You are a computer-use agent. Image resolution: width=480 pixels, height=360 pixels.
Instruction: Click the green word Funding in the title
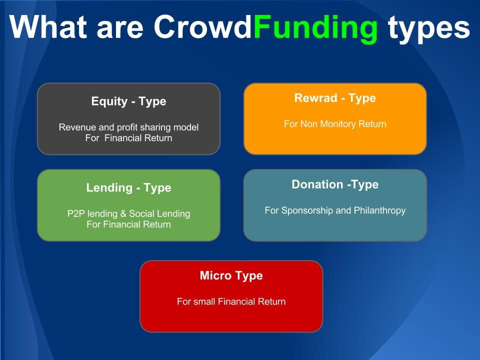[x=315, y=28]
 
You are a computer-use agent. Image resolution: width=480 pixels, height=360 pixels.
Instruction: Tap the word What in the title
[x=48, y=26]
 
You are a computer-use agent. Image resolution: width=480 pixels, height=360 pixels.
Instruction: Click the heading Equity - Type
[x=128, y=101]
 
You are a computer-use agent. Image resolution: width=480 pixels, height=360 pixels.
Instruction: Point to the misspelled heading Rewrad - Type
[x=335, y=98]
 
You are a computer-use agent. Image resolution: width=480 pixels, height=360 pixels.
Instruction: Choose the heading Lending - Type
[x=128, y=187]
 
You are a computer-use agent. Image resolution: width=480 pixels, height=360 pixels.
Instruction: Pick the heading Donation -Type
[x=335, y=184]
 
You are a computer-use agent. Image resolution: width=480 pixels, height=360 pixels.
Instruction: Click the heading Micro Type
[x=231, y=275]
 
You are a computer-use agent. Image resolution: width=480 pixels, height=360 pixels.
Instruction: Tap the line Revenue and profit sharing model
[x=128, y=127]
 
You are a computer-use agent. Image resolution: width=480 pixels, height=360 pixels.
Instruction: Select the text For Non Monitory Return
[x=335, y=124]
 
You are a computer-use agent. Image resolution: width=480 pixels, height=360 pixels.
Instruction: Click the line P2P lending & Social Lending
[x=128, y=213]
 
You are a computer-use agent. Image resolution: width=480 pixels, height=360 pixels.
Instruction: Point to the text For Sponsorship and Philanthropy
[x=335, y=210]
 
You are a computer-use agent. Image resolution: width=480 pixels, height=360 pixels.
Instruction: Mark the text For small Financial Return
[x=231, y=301]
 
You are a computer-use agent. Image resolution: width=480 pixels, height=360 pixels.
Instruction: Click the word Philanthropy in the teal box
[x=379, y=210]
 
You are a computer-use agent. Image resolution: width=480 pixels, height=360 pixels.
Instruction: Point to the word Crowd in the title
[x=202, y=26]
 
